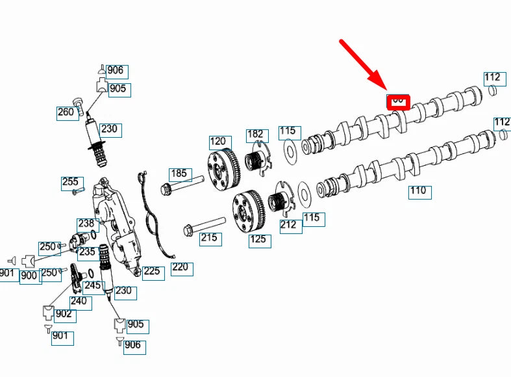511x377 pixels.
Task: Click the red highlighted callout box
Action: coord(397,101)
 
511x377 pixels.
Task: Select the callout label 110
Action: coord(419,191)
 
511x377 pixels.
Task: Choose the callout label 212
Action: coord(288,225)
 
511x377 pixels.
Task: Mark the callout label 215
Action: coord(209,239)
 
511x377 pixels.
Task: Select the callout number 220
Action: coord(181,268)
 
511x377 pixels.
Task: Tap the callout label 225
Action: coord(152,271)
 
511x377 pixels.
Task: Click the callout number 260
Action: coord(66,112)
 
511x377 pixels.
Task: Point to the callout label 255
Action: coord(70,183)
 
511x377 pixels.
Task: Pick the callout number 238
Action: coord(86,224)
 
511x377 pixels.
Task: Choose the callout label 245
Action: coord(93,285)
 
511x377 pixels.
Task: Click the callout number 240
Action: coord(79,301)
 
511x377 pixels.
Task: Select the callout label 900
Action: coord(29,275)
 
